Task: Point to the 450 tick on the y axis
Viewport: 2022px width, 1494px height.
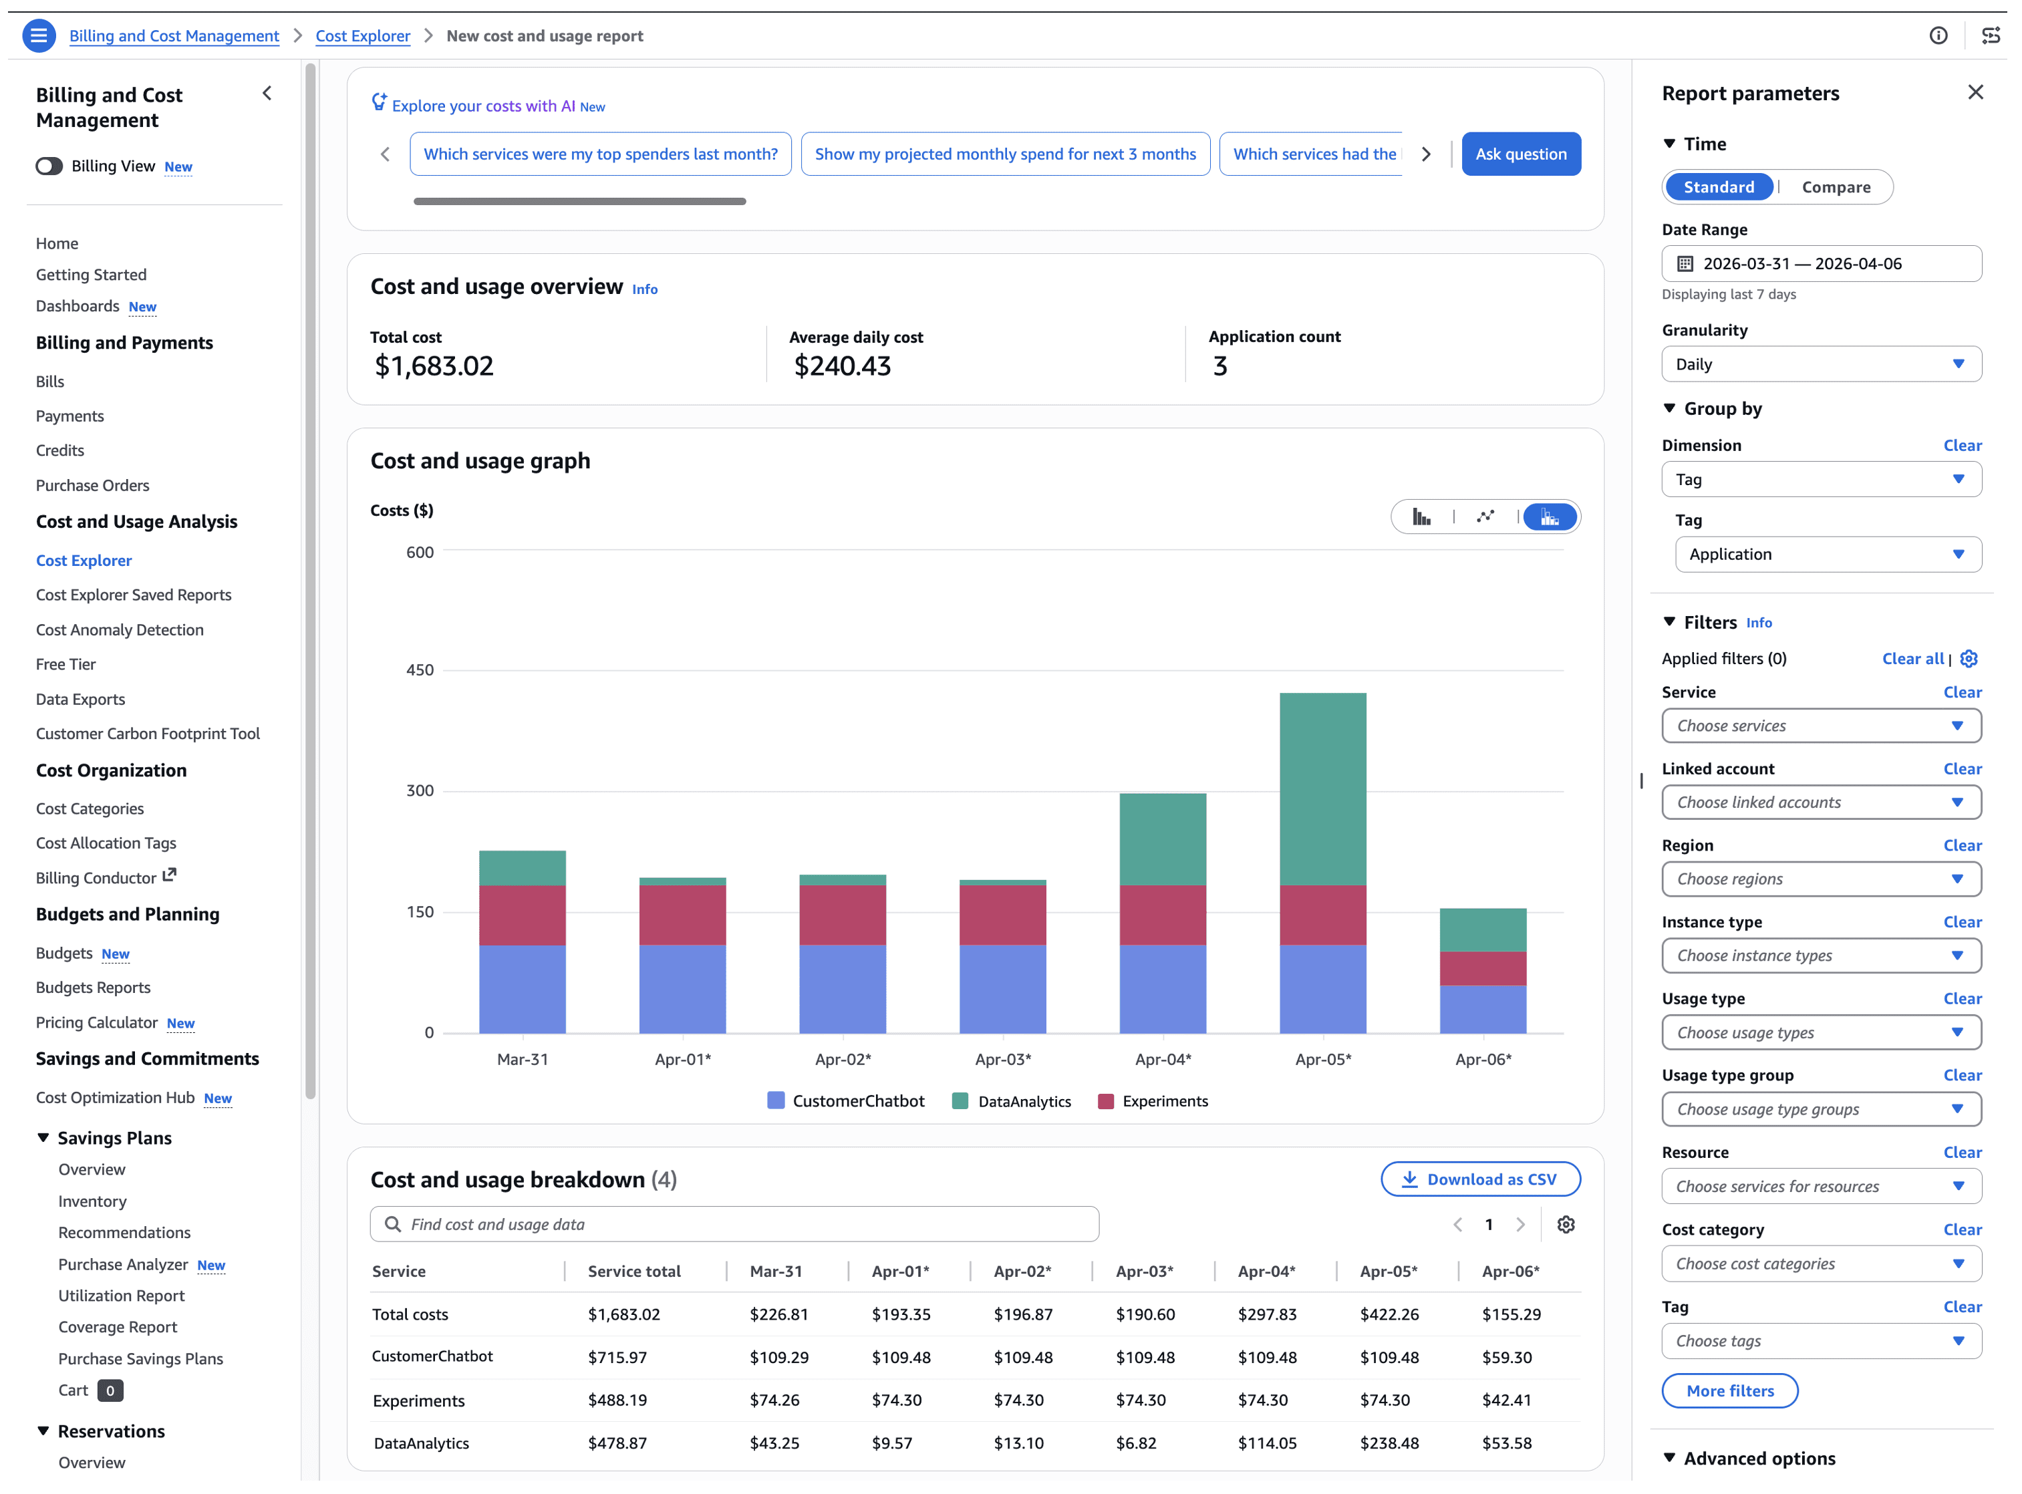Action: [420, 670]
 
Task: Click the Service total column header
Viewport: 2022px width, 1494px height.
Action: [634, 1272]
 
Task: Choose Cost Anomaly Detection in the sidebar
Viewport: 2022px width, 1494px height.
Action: [120, 630]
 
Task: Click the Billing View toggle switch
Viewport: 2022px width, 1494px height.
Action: [49, 166]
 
